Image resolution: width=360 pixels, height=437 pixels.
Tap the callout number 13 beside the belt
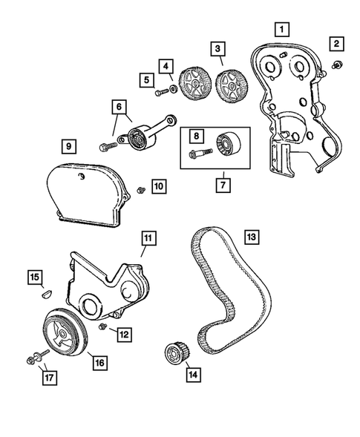tap(252, 237)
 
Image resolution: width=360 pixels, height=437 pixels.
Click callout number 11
tap(148, 238)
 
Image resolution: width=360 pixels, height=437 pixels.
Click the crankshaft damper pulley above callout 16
tap(68, 331)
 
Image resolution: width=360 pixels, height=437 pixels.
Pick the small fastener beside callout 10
tap(140, 192)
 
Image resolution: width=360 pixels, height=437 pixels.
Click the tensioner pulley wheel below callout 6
tap(137, 138)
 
